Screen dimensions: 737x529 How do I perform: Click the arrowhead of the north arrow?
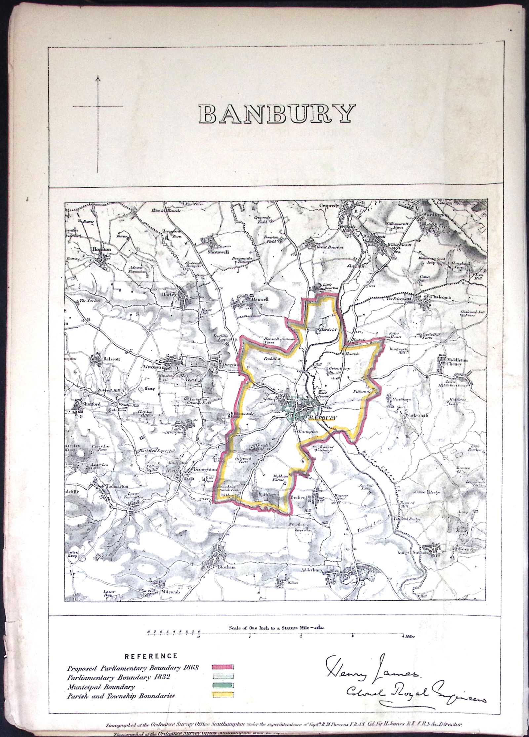click(x=98, y=78)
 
